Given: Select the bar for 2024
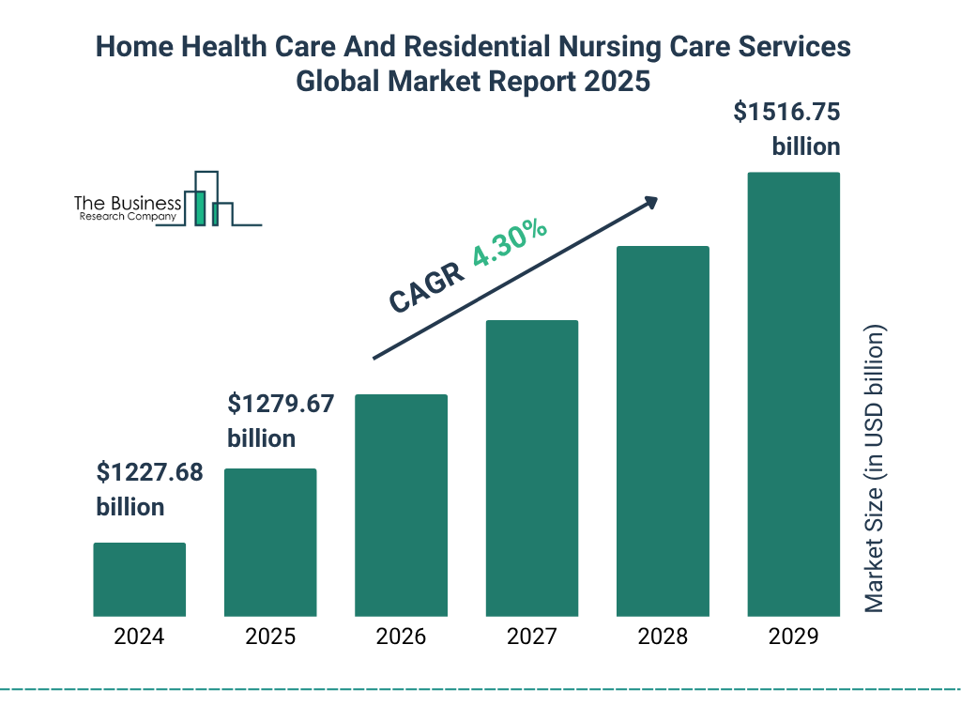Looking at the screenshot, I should coord(139,579).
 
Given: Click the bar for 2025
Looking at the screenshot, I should coord(270,542).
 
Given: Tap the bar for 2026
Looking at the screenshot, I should coord(401,505).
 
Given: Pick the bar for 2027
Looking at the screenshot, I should coord(531,468).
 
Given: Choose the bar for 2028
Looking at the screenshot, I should coord(663,431).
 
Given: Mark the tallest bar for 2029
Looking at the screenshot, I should coord(793,394).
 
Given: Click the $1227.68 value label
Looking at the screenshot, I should coord(149,473).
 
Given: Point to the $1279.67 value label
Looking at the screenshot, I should coord(281,405).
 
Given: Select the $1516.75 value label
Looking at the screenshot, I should coord(786,114).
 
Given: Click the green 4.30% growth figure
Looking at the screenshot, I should coord(510,245).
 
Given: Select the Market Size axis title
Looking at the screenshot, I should coord(875,469).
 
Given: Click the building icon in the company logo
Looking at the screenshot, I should coord(208,199).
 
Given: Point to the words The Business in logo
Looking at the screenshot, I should coord(128,203).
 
